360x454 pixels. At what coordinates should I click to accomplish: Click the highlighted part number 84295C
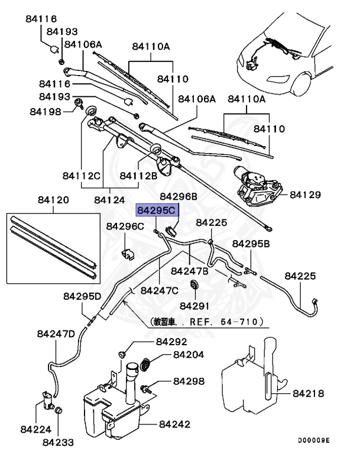click(x=157, y=210)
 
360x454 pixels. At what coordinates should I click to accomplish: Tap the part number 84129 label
click(x=304, y=194)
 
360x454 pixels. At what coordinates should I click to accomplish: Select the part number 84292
click(x=173, y=342)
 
